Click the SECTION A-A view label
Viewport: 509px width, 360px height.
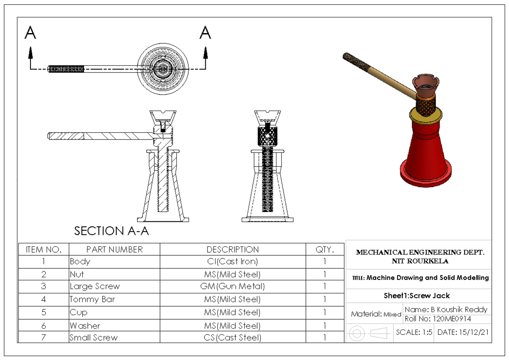coord(112,231)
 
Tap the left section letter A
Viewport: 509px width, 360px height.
coord(30,33)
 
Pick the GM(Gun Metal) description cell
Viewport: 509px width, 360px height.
coord(232,286)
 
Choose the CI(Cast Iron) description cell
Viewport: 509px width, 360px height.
coord(232,262)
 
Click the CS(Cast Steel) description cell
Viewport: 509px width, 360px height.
coord(232,338)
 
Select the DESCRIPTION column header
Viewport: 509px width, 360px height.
coord(232,249)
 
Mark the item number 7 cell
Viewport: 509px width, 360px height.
coord(43,338)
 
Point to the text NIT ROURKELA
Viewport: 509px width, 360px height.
coord(420,261)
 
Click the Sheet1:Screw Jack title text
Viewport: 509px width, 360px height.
coord(417,296)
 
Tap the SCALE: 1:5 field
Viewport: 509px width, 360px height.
coord(414,332)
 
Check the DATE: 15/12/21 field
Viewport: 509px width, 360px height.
coord(462,332)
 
